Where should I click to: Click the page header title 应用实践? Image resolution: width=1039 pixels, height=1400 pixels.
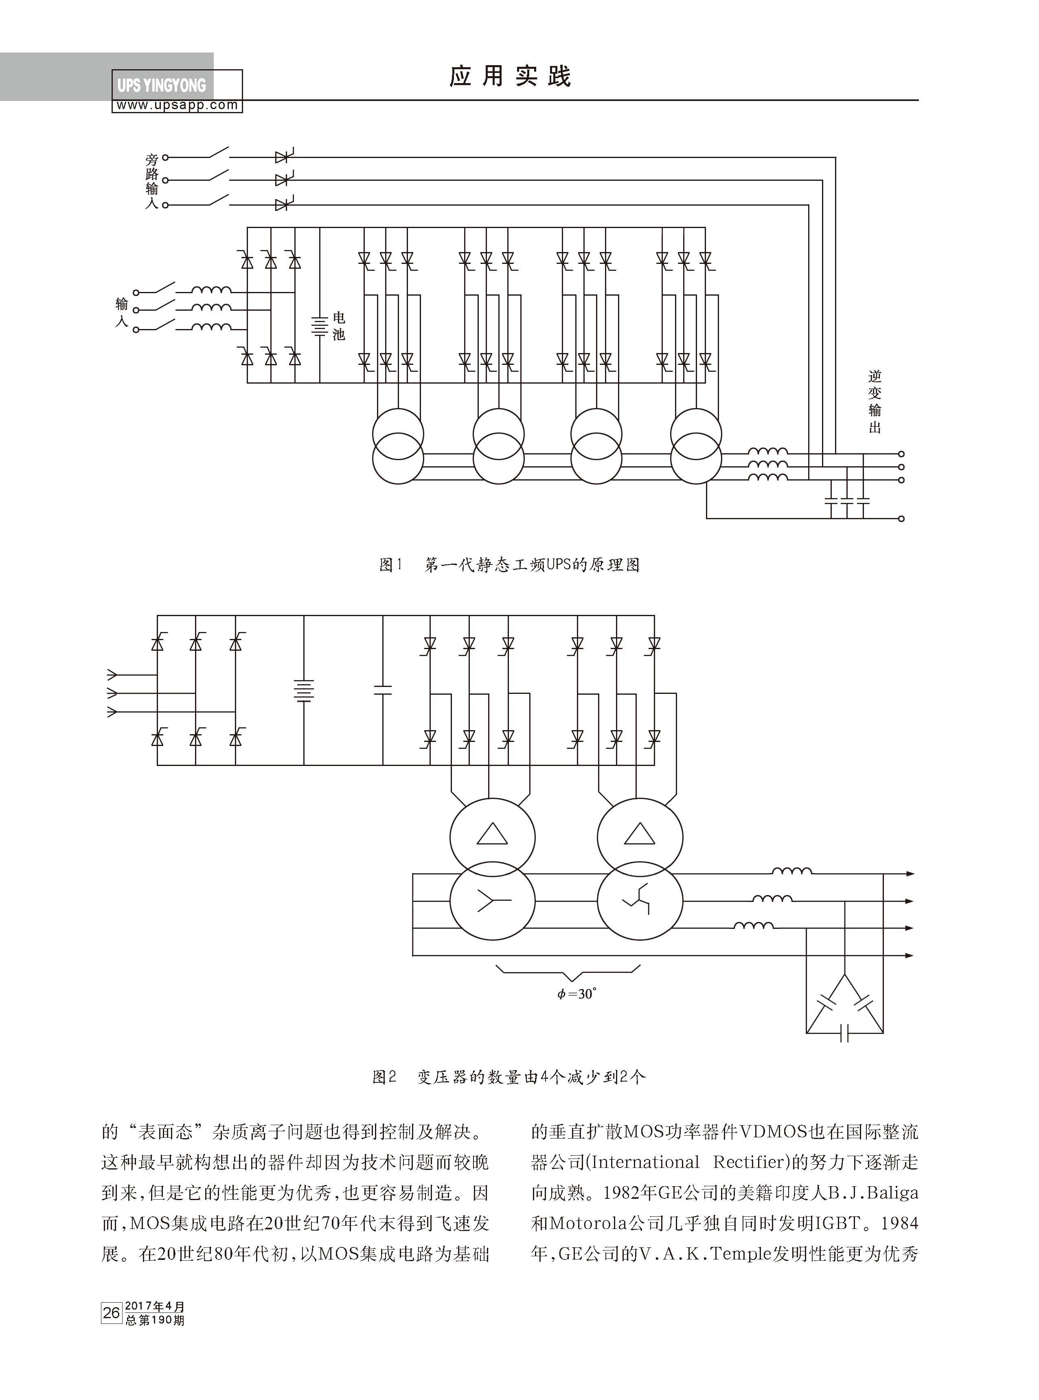pyautogui.click(x=509, y=77)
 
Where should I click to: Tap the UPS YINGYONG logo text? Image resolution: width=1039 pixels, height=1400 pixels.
pyautogui.click(x=162, y=86)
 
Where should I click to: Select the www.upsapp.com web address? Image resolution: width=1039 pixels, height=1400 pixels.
pyautogui.click(x=178, y=105)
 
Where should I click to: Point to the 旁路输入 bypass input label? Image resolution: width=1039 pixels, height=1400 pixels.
pyautogui.click(x=151, y=181)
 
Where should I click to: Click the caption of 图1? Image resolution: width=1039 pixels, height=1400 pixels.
pyautogui.click(x=509, y=565)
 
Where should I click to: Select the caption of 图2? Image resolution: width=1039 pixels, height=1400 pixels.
pyautogui.click(x=509, y=1077)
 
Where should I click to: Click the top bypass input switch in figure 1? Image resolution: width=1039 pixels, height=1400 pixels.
pyautogui.click(x=217, y=153)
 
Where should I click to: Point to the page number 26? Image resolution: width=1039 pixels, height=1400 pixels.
pyautogui.click(x=111, y=1312)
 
